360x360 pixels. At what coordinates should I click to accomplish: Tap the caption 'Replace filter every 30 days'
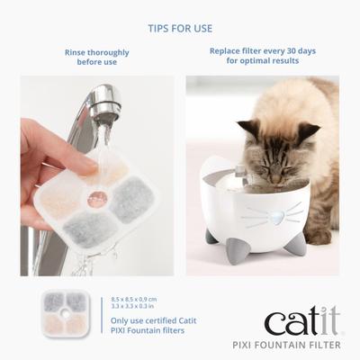point(263,51)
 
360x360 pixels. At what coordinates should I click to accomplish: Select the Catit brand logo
point(299,322)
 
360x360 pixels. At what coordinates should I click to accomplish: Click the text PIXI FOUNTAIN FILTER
point(296,346)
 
